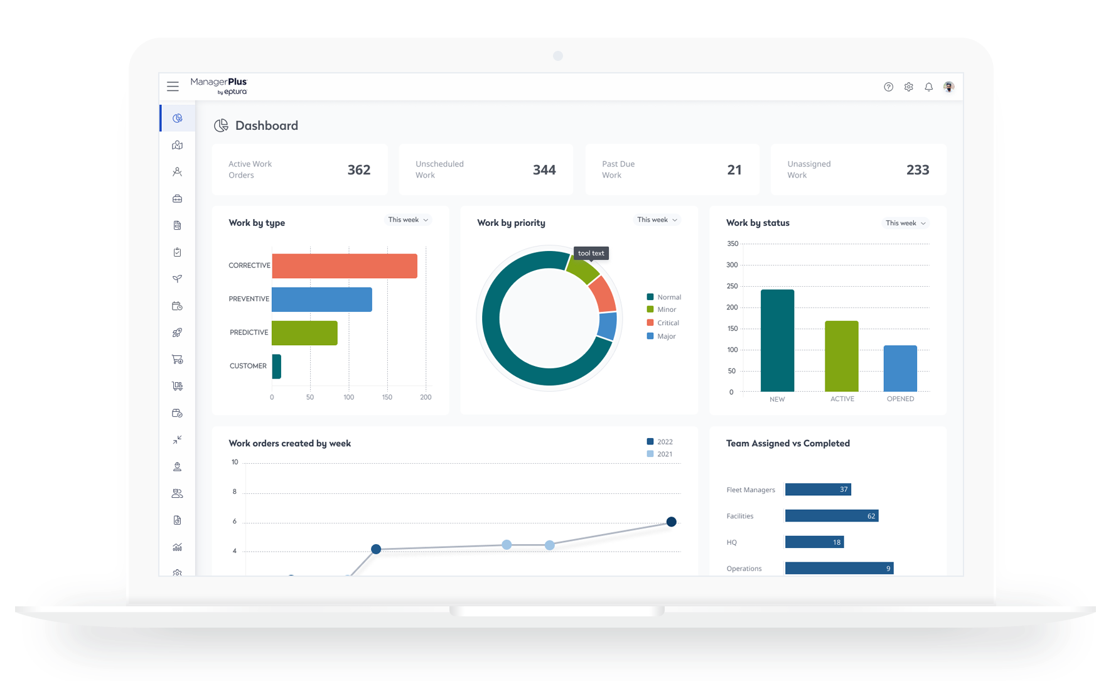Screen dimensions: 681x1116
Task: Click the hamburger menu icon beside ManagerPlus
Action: click(x=173, y=87)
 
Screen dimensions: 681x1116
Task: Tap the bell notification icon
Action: click(x=928, y=87)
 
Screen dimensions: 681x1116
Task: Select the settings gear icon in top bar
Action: click(x=908, y=87)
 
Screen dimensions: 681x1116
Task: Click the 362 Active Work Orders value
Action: click(x=359, y=170)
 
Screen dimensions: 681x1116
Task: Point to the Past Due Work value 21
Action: click(x=734, y=170)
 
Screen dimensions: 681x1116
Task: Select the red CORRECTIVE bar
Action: click(x=345, y=266)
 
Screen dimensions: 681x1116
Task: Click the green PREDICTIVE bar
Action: click(x=304, y=333)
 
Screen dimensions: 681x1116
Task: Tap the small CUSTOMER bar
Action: click(x=277, y=367)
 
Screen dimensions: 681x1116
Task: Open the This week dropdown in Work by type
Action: click(x=408, y=220)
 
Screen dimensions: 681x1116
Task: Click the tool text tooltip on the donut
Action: click(x=591, y=254)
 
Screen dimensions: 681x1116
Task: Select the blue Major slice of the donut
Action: click(x=608, y=326)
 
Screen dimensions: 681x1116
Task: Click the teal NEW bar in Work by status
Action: click(x=777, y=341)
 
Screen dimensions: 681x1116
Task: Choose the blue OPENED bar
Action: click(x=900, y=368)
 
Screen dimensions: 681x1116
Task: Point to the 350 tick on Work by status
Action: click(x=732, y=244)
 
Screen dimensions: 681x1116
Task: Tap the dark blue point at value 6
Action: click(x=671, y=522)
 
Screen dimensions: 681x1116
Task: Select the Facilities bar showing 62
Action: click(x=831, y=516)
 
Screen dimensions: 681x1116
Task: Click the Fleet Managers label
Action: click(x=751, y=490)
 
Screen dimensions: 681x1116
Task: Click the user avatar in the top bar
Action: click(x=948, y=87)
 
